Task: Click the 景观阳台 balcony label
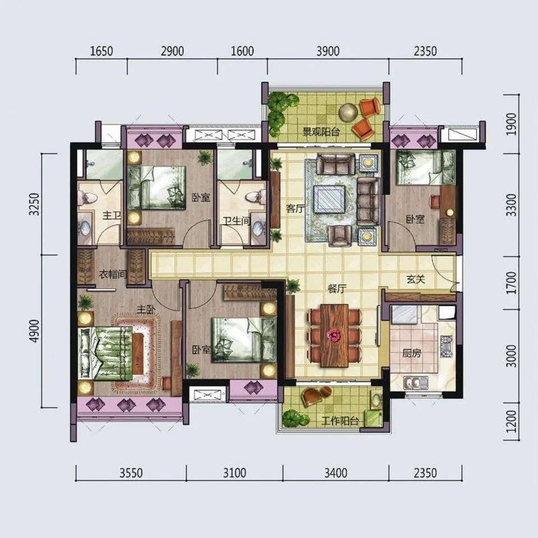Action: coord(321,132)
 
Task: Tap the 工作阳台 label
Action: coord(340,421)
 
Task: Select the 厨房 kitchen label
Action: coord(412,353)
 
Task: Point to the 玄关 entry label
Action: coord(416,279)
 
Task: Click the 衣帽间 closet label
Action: coord(113,275)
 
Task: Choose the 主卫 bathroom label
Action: coord(112,216)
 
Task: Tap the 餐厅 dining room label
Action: coord(336,289)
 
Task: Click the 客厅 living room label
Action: coord(295,208)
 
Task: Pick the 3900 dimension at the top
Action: coord(328,52)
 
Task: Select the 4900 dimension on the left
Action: coord(34,331)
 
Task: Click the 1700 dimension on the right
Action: coord(511,282)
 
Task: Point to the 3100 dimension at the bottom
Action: coord(235,473)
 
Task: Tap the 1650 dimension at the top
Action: coord(101,52)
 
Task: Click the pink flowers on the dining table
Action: coord(333,335)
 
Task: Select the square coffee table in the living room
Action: coord(330,200)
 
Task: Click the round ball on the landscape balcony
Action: coord(348,112)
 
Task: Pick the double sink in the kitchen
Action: coord(415,382)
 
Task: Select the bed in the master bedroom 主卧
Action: coord(106,354)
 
